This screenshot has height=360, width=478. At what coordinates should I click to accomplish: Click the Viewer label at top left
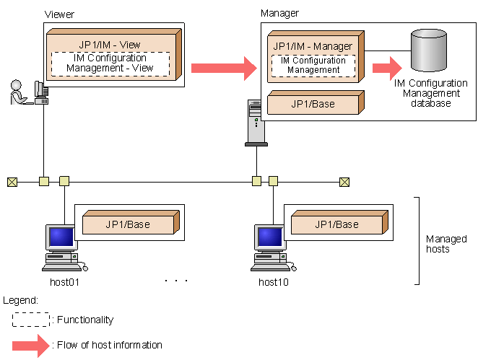[x=58, y=14]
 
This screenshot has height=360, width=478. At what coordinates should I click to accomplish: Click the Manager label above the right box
[x=279, y=13]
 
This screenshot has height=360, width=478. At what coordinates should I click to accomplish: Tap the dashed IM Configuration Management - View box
[x=110, y=63]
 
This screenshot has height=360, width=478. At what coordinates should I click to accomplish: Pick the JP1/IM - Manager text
[x=313, y=46]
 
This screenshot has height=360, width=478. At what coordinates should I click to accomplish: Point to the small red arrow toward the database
[x=387, y=69]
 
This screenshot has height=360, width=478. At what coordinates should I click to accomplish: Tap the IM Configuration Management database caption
[x=432, y=93]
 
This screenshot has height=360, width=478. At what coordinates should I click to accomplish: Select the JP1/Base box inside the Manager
[x=313, y=104]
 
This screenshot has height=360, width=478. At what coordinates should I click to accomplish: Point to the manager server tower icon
[x=255, y=123]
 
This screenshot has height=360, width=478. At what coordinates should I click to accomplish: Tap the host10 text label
[x=274, y=281]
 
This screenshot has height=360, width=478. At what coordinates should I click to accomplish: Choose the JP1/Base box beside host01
[x=129, y=224]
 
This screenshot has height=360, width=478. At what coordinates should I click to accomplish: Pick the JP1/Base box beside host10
[x=336, y=224]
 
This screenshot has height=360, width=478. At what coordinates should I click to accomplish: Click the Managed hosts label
[x=446, y=244]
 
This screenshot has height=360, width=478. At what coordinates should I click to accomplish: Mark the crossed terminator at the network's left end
[x=12, y=181]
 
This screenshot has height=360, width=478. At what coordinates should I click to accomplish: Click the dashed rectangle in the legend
[x=30, y=319]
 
